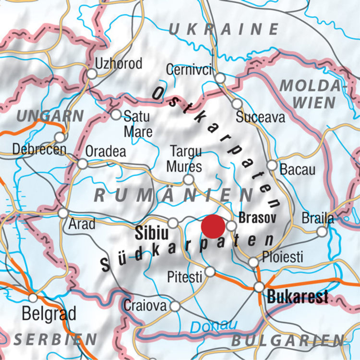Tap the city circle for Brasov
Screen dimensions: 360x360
(x=231, y=226)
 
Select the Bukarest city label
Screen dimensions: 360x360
(x=298, y=296)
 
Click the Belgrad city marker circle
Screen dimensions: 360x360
(x=33, y=298)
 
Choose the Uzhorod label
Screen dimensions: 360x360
(x=119, y=63)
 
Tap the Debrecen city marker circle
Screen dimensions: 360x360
(x=60, y=137)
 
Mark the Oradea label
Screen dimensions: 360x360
(x=106, y=151)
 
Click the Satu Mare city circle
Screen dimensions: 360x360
(x=116, y=115)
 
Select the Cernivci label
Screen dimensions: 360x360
(x=189, y=70)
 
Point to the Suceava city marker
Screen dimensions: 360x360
(x=237, y=104)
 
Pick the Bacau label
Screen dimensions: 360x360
(x=298, y=170)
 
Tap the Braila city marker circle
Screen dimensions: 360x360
(x=322, y=232)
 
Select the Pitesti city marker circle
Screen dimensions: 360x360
(x=210, y=272)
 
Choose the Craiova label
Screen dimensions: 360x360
(x=145, y=305)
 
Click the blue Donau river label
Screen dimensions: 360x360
(x=214, y=326)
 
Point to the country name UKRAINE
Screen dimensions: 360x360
(x=224, y=29)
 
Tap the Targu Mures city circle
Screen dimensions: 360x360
(x=189, y=180)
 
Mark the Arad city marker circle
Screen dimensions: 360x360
(x=63, y=212)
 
